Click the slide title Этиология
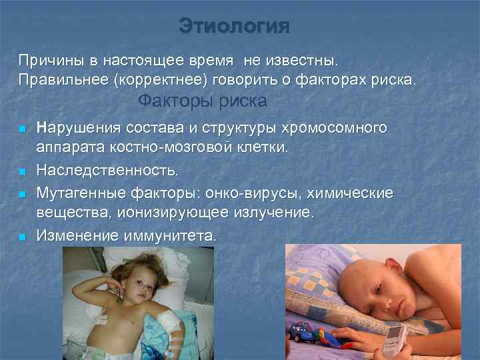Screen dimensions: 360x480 click(x=235, y=27)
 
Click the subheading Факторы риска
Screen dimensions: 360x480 click(x=202, y=101)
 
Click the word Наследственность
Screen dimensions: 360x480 click(x=107, y=171)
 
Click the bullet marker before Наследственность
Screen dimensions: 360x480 click(x=21, y=173)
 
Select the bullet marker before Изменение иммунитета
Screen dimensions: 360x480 click(x=21, y=237)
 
